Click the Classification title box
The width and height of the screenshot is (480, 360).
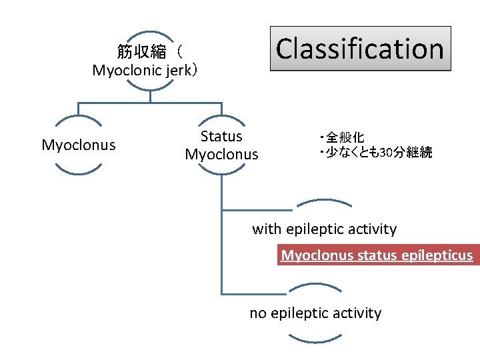(x=360, y=49)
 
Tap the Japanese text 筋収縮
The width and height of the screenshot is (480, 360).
(x=142, y=52)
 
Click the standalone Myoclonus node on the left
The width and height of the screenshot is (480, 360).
(x=79, y=145)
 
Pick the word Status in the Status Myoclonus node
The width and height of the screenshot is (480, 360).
(x=221, y=137)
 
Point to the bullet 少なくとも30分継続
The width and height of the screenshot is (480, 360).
(x=377, y=153)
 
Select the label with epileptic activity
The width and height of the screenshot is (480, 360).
(x=324, y=229)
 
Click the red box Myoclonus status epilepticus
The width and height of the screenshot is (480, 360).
(x=377, y=255)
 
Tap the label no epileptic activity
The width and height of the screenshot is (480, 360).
(x=315, y=313)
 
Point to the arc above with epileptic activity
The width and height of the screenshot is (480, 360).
(x=324, y=201)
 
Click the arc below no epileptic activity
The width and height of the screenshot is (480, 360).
(x=315, y=340)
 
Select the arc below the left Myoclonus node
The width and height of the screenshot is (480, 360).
(x=79, y=171)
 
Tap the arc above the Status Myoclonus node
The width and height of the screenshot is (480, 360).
(x=221, y=118)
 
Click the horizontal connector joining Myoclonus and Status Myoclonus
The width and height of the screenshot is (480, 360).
(x=150, y=103)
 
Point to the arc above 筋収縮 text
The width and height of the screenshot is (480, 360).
(x=150, y=33)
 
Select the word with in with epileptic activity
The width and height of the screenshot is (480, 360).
(x=267, y=229)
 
